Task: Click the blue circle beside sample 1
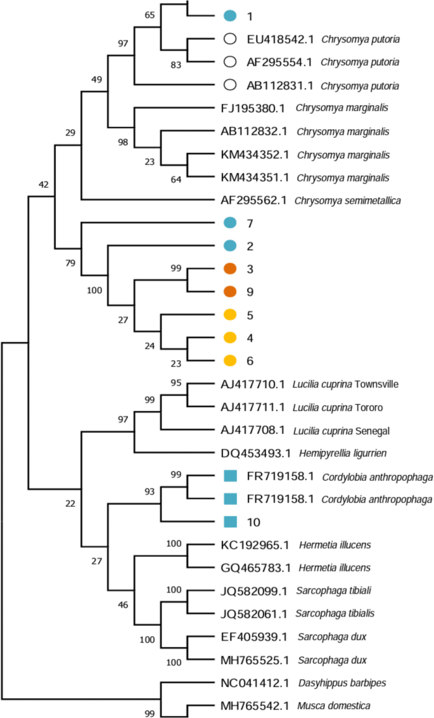(230, 15)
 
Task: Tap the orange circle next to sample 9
(230, 292)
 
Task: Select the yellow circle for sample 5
(230, 315)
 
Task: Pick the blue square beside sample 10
(230, 522)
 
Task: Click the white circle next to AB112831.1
(230, 84)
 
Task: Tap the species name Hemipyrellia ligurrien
(340, 453)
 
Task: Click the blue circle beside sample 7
(230, 223)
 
